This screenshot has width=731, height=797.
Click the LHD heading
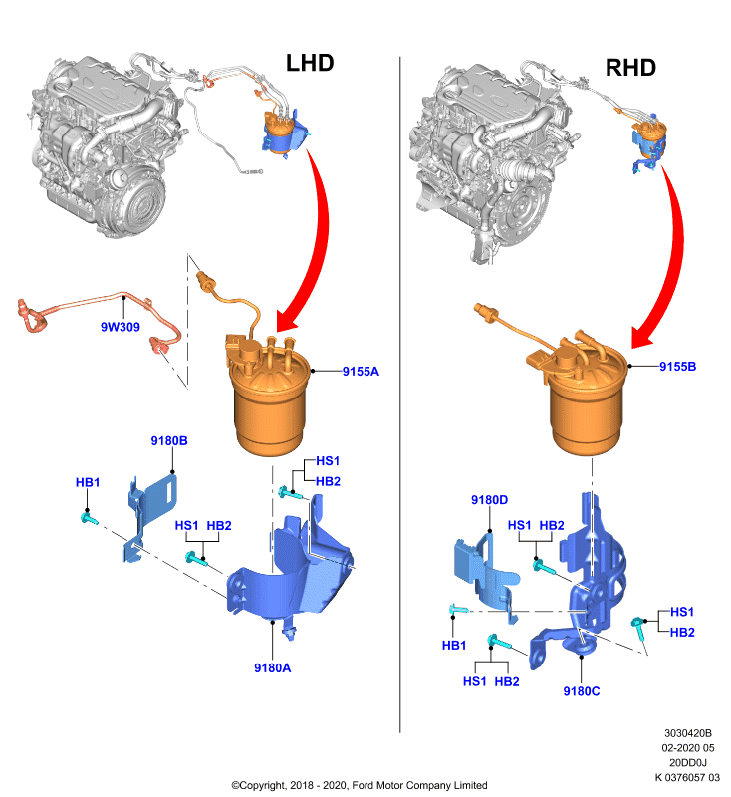tap(310, 63)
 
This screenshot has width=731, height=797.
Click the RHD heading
tap(630, 68)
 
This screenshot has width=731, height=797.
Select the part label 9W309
tap(121, 327)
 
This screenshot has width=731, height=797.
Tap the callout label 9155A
tap(361, 371)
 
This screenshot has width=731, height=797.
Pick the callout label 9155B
tap(677, 366)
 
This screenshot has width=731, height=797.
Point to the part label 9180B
tap(169, 440)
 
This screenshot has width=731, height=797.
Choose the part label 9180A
tap(272, 667)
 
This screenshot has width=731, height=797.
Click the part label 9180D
tap(489, 500)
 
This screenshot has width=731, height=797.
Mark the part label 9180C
tap(582, 691)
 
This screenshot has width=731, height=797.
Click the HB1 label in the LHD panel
tap(88, 482)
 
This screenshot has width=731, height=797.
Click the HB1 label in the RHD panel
tap(453, 645)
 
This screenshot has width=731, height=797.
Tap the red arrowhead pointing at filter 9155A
tap(286, 324)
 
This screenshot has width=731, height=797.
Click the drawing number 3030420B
tap(688, 733)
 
